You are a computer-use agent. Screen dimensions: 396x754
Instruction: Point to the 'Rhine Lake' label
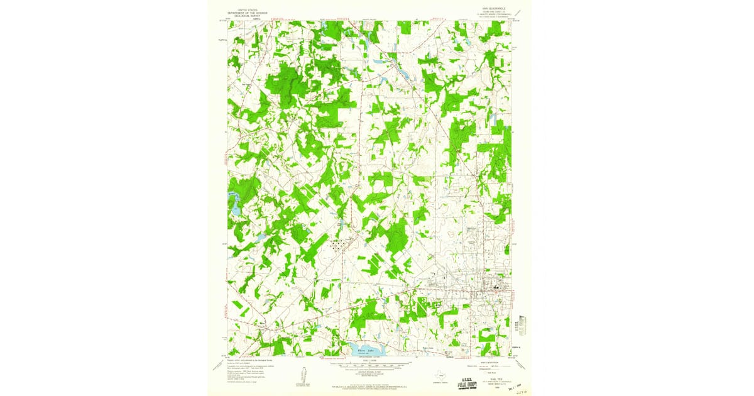[x=366, y=351]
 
